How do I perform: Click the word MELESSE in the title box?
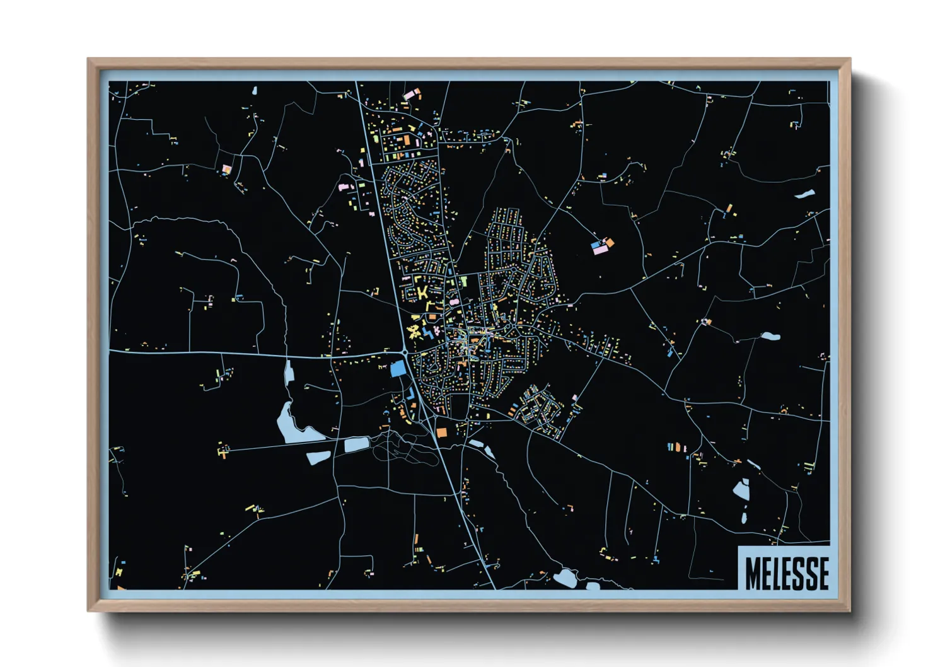(786, 573)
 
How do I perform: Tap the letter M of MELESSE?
(753, 573)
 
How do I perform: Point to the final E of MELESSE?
(822, 573)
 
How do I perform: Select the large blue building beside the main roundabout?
(398, 369)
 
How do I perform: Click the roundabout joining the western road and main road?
(405, 352)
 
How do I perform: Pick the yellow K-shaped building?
(421, 291)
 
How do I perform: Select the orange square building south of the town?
(441, 432)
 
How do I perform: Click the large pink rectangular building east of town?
(600, 250)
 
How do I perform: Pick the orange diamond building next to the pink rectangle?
(610, 241)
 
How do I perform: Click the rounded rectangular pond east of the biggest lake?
(357, 444)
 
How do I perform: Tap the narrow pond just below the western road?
(289, 372)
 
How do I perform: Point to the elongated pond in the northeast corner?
(805, 194)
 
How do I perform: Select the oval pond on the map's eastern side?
(770, 336)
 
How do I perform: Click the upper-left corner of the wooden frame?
(89, 59)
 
